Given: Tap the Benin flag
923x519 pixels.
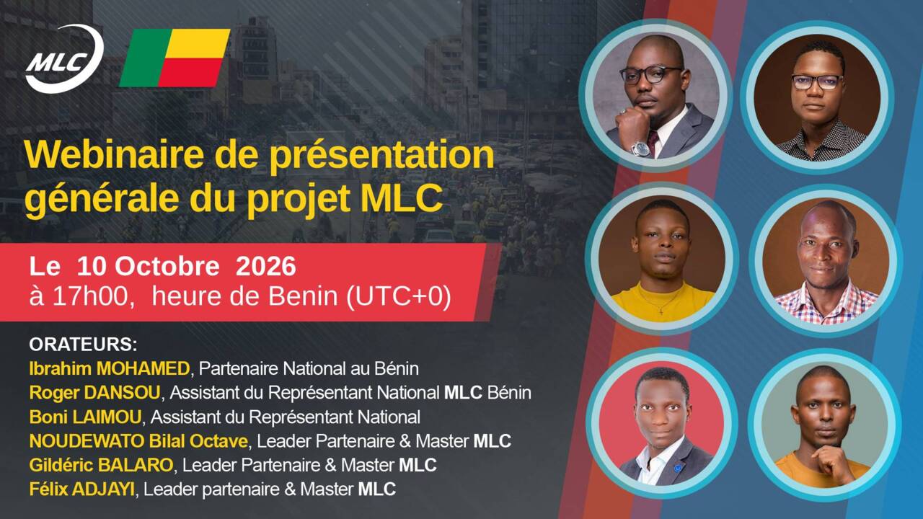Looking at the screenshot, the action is (175, 58).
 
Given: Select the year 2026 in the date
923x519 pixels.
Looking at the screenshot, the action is (266, 266).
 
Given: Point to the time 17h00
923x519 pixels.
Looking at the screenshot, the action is (91, 296).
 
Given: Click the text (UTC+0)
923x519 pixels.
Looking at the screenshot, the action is (399, 296).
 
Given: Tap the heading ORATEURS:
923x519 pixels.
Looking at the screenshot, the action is (83, 345).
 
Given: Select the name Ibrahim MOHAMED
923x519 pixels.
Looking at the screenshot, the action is (109, 368).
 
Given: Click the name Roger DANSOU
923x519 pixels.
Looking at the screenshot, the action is (94, 393).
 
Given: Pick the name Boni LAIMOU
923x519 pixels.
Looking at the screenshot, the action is (85, 417).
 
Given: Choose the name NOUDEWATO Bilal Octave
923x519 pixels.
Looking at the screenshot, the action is (138, 441).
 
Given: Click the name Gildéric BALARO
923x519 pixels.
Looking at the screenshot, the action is (101, 465).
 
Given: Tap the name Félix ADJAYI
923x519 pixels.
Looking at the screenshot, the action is (81, 489).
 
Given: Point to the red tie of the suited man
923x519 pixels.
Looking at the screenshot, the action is (653, 142).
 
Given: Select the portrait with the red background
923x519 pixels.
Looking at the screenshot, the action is (661, 425).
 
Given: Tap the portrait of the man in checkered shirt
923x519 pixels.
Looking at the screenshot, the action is (826, 260).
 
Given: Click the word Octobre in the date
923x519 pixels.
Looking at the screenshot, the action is (167, 266).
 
